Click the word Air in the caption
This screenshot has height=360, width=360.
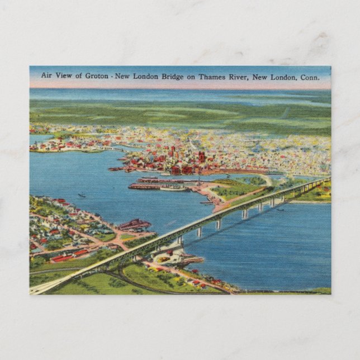click(47, 76)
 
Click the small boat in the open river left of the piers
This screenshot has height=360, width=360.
click(82, 196)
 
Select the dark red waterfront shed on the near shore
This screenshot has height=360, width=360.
click(134, 225)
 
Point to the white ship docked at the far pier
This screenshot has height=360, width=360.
click(174, 189)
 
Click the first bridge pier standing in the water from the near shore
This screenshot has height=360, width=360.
click(179, 240)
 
